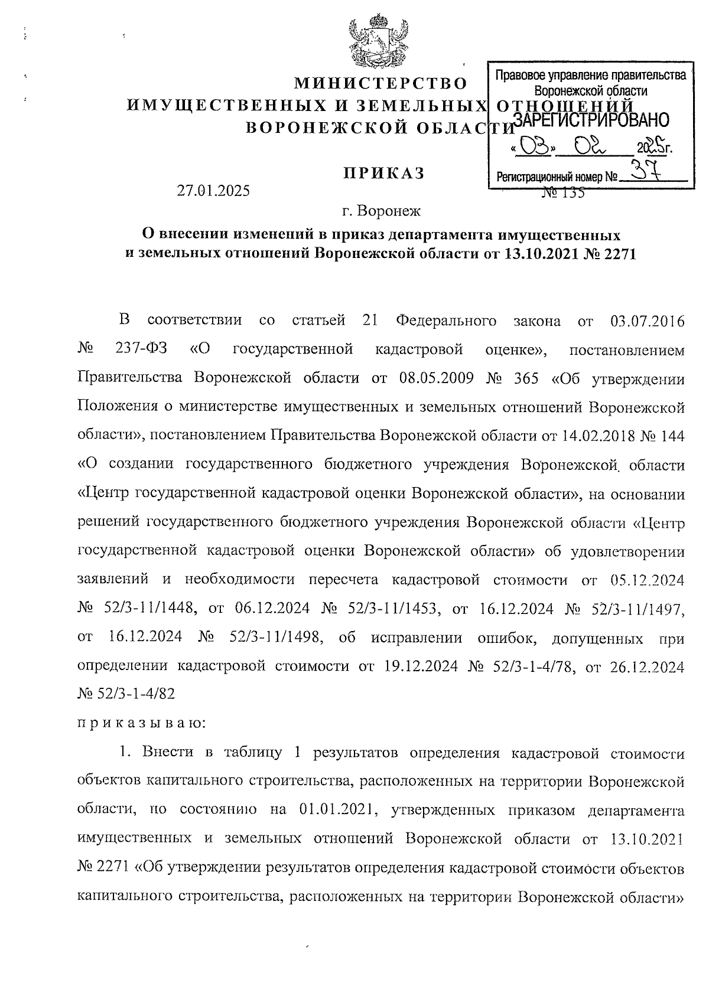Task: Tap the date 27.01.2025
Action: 213,191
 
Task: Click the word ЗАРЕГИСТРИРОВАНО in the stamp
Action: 591,120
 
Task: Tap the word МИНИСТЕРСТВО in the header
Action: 380,82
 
